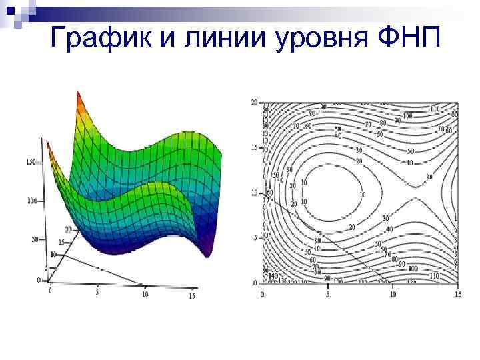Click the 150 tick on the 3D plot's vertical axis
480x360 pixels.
[31, 162]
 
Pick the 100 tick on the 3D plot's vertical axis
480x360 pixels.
[31, 201]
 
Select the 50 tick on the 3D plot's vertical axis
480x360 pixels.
[34, 239]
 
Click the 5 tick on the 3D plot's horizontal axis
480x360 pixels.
[98, 292]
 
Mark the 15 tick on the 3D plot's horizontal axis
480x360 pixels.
[192, 295]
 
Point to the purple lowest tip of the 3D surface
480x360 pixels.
[207, 252]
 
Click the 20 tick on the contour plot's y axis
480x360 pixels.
[253, 103]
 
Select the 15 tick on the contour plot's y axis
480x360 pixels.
[253, 147]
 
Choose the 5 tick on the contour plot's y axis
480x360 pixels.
[255, 237]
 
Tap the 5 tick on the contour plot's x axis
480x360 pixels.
[327, 293]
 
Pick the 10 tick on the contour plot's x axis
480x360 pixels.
[392, 293]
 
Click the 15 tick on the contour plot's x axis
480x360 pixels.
[457, 293]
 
